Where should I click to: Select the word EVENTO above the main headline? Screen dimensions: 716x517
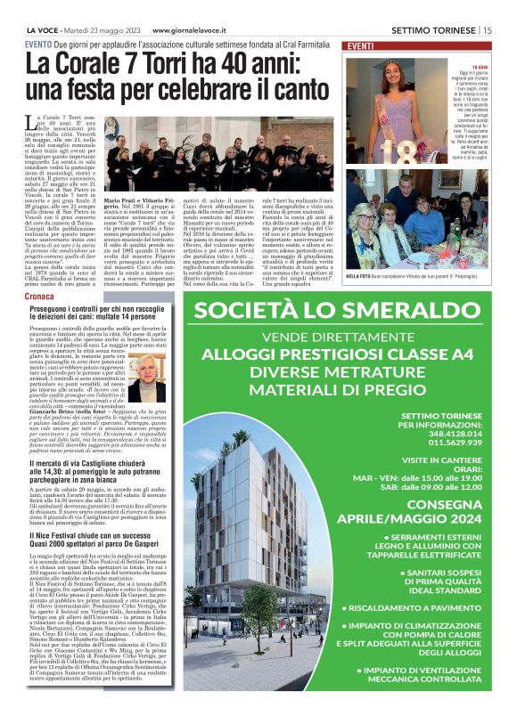pos(38,44)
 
